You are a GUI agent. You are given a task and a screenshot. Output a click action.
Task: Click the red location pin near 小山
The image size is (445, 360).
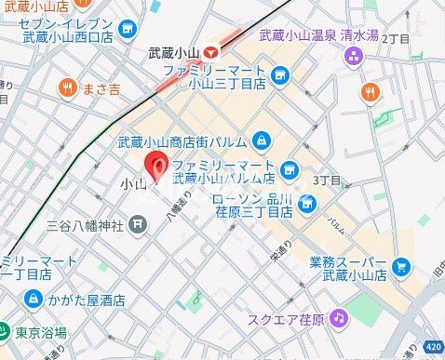[x=158, y=167]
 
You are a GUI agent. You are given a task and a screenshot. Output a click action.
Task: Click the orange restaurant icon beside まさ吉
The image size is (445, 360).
[x=67, y=88]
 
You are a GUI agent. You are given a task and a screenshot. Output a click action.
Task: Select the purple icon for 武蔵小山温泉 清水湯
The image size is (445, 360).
[x=353, y=56]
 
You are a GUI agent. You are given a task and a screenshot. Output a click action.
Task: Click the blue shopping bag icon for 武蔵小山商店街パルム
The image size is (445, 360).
[x=262, y=140]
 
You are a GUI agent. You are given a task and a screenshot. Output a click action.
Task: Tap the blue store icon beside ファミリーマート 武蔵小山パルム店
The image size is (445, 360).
[x=289, y=169]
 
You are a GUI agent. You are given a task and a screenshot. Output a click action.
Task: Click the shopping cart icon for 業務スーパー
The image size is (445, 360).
[x=401, y=268]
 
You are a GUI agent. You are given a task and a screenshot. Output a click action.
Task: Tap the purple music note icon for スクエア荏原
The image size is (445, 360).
[x=340, y=319]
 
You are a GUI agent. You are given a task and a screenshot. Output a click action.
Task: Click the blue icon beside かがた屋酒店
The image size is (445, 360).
[x=33, y=300]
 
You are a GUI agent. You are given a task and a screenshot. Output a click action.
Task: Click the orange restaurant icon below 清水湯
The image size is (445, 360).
[x=370, y=91]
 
